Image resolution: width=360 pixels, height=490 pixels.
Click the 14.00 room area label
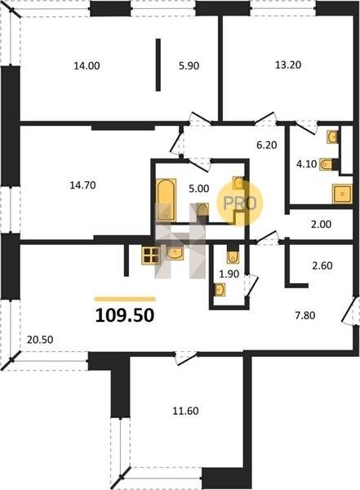click(87, 66)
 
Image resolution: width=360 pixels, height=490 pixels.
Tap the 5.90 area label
click(189, 66)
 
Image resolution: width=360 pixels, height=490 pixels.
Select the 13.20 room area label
click(288, 65)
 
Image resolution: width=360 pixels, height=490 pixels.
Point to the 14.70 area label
click(82, 185)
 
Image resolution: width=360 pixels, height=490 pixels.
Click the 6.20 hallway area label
click(267, 145)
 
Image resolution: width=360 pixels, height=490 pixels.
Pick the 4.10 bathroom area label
click(307, 164)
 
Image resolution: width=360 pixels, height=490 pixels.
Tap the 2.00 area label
click(322, 225)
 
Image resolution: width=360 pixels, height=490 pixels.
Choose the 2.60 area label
click(322, 265)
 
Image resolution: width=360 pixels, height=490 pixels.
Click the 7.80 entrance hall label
click(305, 315)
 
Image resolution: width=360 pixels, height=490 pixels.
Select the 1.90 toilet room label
click(229, 274)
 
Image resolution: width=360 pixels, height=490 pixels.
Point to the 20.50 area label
click(40, 340)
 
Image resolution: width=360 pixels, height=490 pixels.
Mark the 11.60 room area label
click(185, 411)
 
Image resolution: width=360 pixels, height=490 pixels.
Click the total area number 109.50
click(125, 315)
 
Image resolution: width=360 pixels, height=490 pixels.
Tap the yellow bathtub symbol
click(167, 200)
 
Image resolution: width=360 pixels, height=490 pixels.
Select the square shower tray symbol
click(343, 194)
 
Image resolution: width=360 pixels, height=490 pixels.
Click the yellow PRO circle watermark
click(240, 203)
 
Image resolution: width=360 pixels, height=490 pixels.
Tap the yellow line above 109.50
click(125, 299)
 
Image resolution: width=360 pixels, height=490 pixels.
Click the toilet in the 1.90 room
click(232, 256)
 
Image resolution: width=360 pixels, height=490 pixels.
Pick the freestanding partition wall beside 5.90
click(158, 65)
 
